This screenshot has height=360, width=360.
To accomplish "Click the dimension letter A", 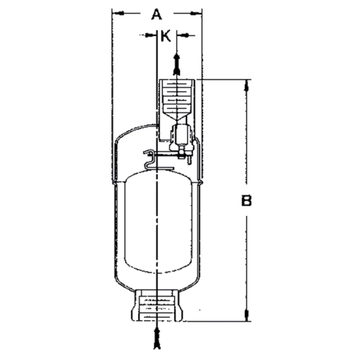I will (156, 14).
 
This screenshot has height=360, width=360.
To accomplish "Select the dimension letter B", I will (246, 201).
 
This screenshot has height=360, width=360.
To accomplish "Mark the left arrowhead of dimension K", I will (150, 35).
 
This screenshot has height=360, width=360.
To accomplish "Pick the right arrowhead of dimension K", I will (182, 35).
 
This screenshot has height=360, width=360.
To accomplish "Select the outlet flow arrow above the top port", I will (177, 63).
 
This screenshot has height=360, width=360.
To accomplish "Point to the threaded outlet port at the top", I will (177, 96).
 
